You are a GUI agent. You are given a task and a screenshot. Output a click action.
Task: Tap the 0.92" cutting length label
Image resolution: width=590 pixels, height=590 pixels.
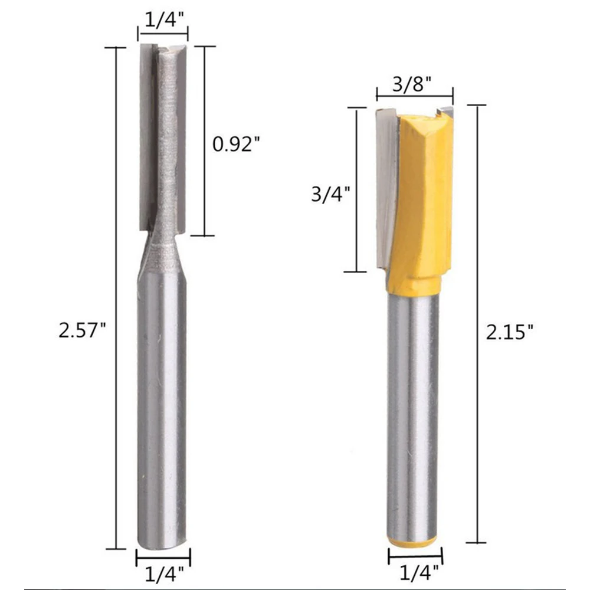pos(237,144)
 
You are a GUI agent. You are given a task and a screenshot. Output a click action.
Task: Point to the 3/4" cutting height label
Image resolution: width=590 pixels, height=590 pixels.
pos(331,195)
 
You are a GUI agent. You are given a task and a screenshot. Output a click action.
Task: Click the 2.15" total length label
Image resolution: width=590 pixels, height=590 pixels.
pos(510,332)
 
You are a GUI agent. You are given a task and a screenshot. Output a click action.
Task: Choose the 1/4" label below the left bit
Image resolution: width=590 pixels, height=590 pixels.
pos(165,574)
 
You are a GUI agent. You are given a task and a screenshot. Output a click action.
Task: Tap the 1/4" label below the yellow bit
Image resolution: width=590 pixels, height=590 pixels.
pos(419,572)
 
